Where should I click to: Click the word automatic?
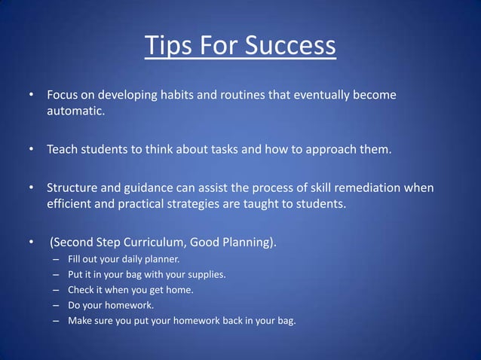(x=75, y=112)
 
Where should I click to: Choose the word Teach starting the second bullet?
(x=63, y=149)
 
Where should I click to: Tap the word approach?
(x=330, y=149)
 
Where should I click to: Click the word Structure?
(x=74, y=187)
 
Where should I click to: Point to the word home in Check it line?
(x=178, y=290)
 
